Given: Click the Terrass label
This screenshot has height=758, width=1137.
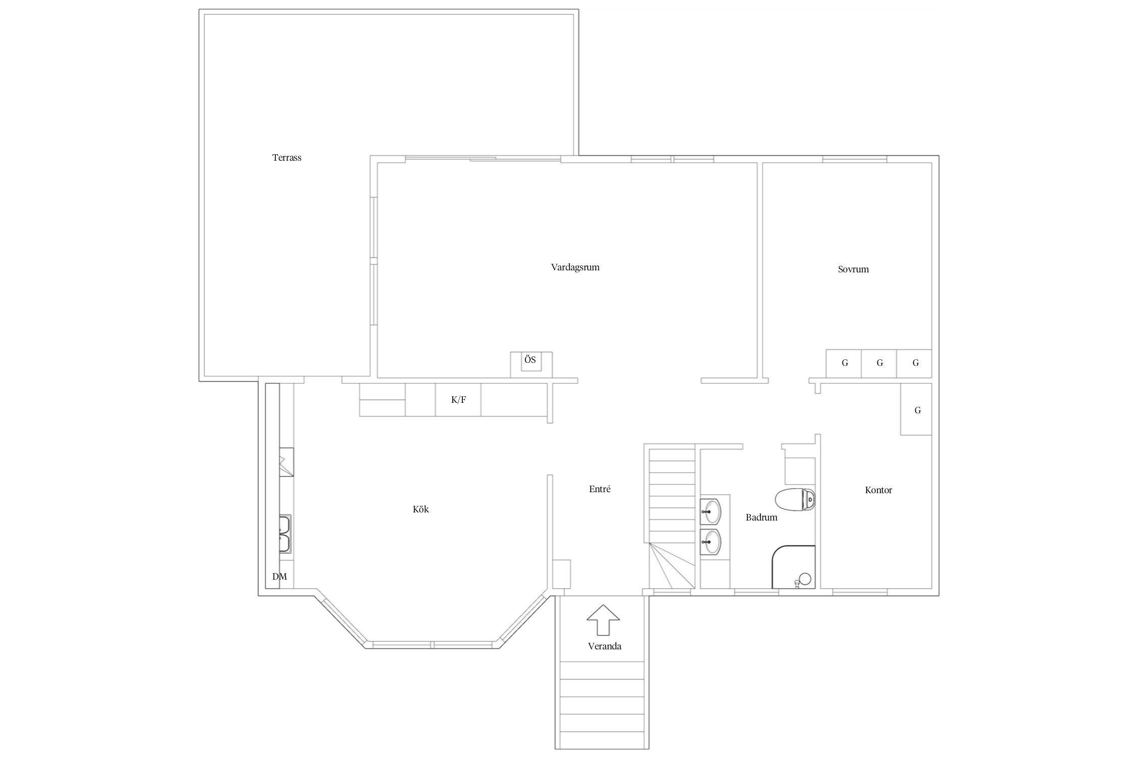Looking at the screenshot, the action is [287, 158].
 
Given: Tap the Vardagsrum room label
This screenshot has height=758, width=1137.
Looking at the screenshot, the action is [575, 267].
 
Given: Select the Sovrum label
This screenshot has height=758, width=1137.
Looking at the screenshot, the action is [853, 269].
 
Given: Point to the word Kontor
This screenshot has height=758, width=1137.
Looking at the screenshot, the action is [878, 490].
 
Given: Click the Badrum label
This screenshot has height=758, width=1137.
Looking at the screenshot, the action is [762, 517].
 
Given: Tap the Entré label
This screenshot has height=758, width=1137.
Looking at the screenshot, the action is [600, 489].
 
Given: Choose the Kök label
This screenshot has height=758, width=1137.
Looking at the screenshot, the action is [420, 509].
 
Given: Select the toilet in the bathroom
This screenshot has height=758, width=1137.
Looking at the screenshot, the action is [795, 499].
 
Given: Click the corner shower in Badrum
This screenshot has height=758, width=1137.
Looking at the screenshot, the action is [793, 567].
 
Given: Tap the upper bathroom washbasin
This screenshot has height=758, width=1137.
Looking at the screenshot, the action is [710, 511].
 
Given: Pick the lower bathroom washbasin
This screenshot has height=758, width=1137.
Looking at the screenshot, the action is [710, 542].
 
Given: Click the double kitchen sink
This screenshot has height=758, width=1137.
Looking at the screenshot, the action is [285, 534].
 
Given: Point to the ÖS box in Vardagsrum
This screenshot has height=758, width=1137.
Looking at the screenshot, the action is [531, 364].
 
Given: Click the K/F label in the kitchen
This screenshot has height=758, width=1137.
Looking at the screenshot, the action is [458, 400].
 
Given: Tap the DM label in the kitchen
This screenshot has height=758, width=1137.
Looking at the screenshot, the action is [279, 577].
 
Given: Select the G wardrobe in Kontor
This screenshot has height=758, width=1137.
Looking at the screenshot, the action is [916, 409].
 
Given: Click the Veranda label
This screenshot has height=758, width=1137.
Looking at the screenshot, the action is [604, 646].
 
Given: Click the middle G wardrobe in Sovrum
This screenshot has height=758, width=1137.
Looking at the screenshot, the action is [879, 363].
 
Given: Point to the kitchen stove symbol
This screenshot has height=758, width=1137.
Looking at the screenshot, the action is [286, 462].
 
